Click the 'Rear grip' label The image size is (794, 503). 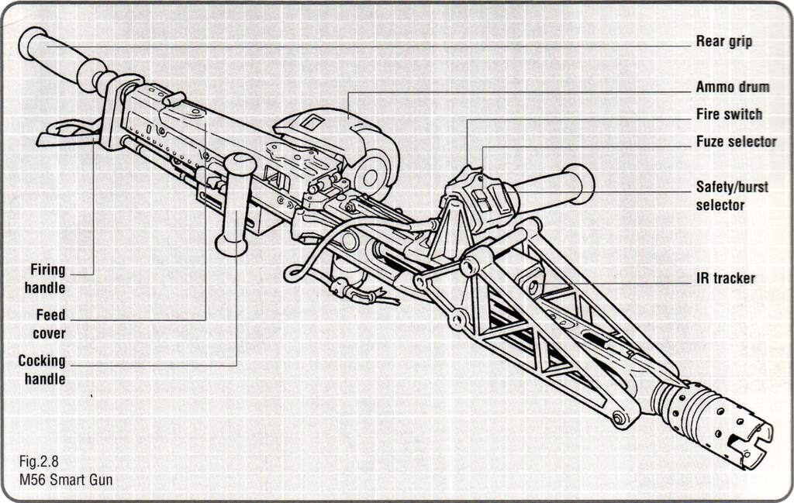point(723,42)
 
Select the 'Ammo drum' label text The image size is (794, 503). point(732,87)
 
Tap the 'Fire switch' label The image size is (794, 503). point(729,115)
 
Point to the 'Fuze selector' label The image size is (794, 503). point(735,142)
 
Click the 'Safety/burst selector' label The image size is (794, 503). point(731,196)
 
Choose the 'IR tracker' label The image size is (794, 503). point(724,278)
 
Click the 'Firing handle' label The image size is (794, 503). point(48,279)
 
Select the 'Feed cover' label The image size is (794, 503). point(50,324)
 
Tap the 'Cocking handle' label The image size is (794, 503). point(42,370)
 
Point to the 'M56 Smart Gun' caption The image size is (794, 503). point(67,480)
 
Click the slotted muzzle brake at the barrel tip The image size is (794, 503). point(725,423)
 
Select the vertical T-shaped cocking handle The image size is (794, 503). point(234,205)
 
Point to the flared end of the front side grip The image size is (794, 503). point(579,183)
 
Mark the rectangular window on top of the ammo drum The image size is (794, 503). point(312,121)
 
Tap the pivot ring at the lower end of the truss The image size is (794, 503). point(620,419)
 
